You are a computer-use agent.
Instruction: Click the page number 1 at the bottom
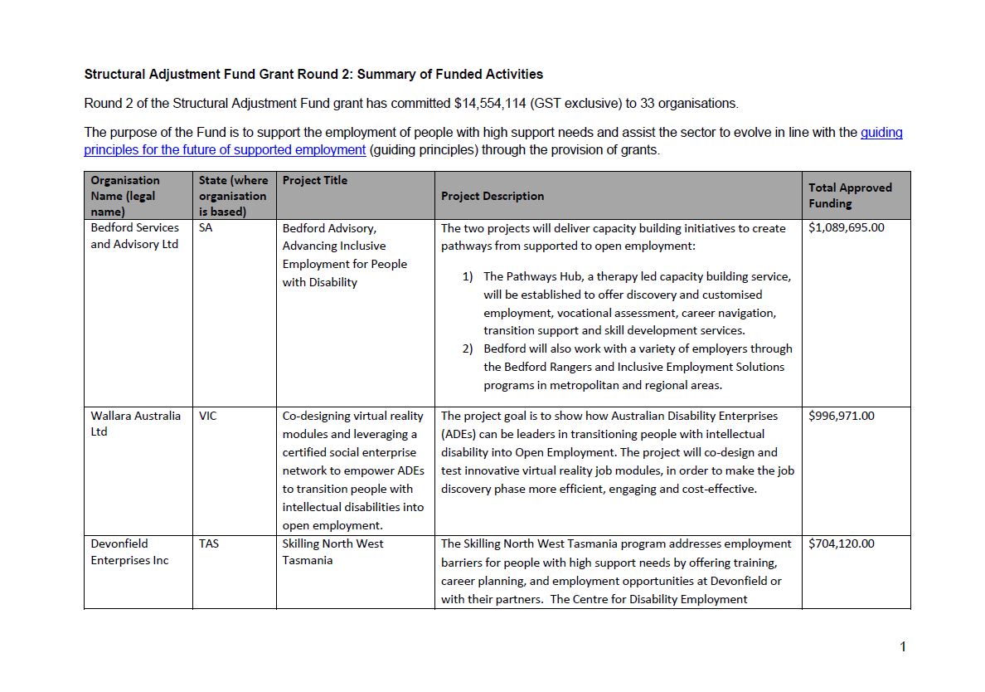[903, 647]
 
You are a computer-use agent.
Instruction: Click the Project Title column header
[314, 181]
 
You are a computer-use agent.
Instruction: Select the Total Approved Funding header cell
[850, 196]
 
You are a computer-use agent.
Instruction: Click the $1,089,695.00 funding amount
[846, 228]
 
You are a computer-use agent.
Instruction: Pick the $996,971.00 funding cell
[841, 417]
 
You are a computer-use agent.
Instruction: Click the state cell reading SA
[206, 228]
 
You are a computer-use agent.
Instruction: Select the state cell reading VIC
[207, 417]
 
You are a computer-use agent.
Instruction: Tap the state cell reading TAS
[208, 544]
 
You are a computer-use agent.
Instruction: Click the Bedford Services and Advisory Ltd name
[134, 236]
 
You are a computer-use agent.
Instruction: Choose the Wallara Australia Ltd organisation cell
[135, 424]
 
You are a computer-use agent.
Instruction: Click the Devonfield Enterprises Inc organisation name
[129, 552]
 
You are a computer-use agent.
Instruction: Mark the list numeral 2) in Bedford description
[468, 349]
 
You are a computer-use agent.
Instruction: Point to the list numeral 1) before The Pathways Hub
[468, 276]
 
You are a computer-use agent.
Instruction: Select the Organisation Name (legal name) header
[125, 196]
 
